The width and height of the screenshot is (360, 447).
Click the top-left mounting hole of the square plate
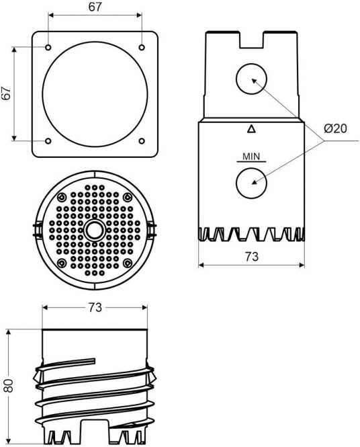48,47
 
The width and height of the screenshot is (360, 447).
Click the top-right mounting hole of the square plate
142,47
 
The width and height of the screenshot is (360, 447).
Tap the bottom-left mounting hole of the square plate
48,141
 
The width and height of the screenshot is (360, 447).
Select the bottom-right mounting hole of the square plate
142,141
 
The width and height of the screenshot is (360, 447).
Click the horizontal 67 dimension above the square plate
95,7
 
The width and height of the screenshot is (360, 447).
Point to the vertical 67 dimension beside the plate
6,93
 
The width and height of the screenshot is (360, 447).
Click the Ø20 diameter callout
336,128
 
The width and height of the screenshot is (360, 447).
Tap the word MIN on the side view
251,157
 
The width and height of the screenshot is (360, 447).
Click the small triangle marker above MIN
251,129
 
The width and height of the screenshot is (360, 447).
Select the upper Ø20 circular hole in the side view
251,79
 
